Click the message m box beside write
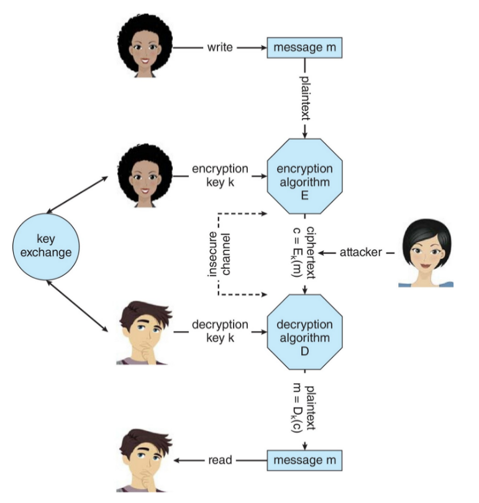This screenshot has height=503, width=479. (304, 48)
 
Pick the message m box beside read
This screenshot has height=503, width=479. (304, 460)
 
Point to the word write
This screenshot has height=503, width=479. (220, 48)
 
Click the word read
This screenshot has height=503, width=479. (220, 460)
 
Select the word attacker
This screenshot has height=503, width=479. (360, 253)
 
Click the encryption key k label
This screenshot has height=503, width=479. (220, 176)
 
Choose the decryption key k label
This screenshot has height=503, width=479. (220, 331)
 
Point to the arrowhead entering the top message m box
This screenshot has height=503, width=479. (263, 48)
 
